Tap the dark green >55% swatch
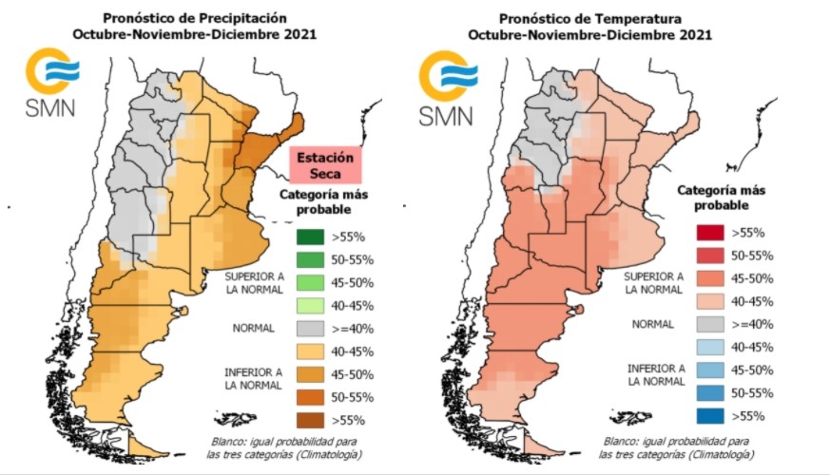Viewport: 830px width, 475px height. point(310,237)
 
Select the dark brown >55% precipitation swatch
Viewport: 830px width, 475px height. point(310,418)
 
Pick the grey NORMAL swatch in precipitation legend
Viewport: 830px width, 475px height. point(310,328)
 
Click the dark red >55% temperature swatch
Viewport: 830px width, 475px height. point(709,233)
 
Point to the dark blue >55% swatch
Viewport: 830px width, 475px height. point(709,414)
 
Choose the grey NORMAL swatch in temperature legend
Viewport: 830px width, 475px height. point(709,324)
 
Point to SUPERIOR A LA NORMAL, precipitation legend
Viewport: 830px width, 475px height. point(254,282)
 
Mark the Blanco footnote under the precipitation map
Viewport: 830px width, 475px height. point(282,448)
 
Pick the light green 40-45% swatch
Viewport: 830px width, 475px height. point(310,305)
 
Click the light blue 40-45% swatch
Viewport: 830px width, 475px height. point(709,347)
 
